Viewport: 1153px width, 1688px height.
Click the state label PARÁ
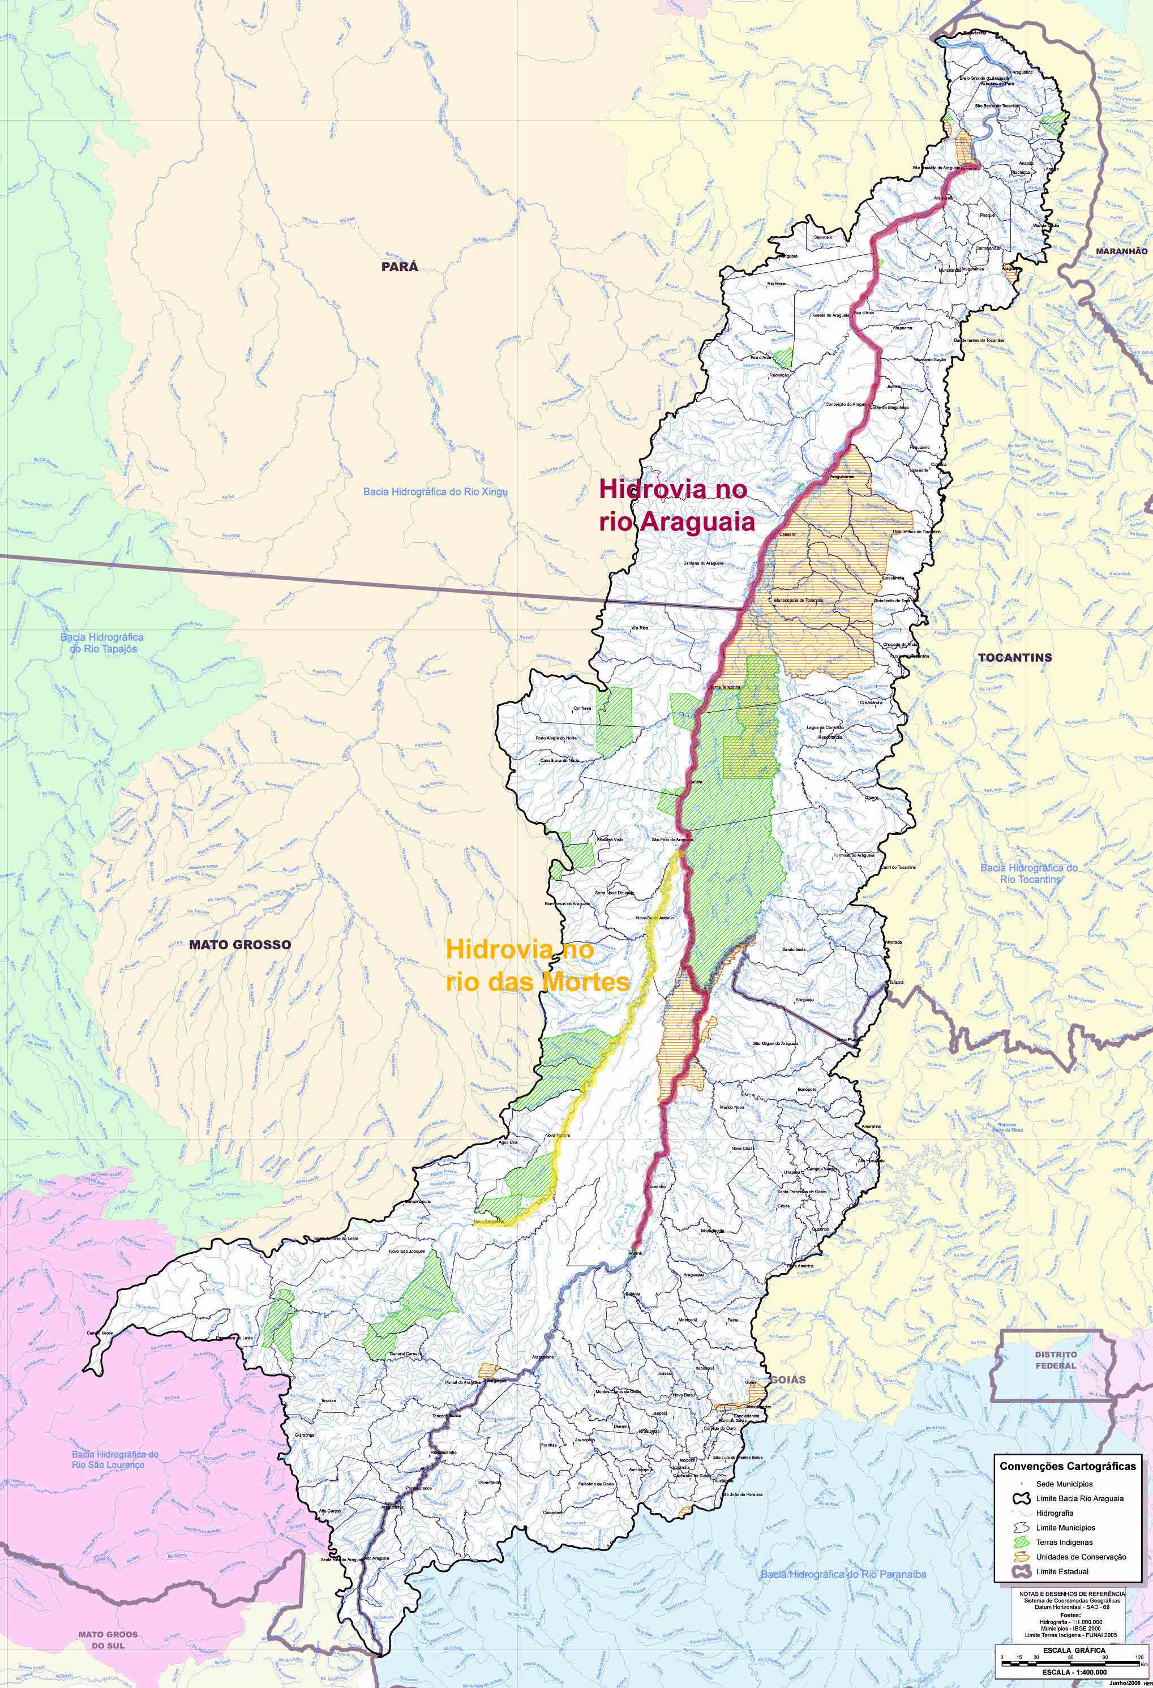tap(400, 267)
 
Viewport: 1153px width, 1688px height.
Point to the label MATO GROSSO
tap(239, 944)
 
